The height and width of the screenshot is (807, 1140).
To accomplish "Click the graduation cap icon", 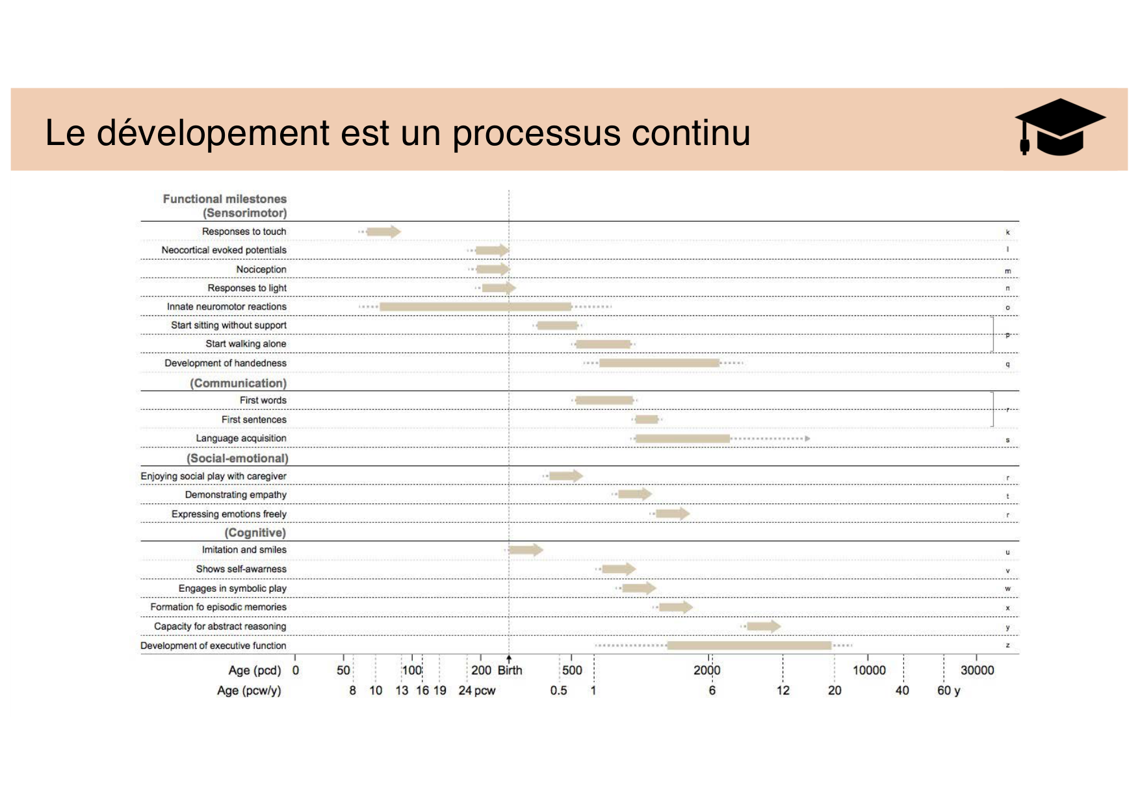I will click(1059, 128).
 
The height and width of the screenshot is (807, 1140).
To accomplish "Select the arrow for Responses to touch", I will click(383, 232).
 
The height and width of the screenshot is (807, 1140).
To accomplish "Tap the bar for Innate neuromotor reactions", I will click(475, 306).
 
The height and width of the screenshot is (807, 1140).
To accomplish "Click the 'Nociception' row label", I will click(261, 269).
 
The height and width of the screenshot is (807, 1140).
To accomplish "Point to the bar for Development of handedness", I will click(659, 363).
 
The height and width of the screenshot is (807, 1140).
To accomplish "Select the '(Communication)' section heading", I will click(238, 383).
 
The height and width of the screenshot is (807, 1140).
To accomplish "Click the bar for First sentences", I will click(647, 419).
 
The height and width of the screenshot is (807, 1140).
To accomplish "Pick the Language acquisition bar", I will click(682, 438).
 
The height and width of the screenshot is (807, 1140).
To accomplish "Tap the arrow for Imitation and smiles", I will click(525, 550).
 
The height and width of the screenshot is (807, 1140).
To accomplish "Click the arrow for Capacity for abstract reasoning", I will click(763, 626).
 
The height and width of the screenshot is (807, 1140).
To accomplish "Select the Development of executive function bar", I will click(749, 645).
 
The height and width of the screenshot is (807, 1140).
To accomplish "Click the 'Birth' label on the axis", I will click(510, 670).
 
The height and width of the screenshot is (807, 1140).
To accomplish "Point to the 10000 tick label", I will click(869, 670).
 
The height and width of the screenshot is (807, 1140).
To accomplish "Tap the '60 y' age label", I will click(948, 691).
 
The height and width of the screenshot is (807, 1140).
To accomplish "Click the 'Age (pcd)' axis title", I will click(255, 670).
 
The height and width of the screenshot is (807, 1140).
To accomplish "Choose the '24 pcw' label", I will click(476, 691).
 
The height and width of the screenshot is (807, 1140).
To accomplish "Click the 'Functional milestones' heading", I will click(224, 199).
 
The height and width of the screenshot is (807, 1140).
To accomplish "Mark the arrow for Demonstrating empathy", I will click(634, 494).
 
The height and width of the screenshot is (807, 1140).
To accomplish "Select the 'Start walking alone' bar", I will click(603, 344).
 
